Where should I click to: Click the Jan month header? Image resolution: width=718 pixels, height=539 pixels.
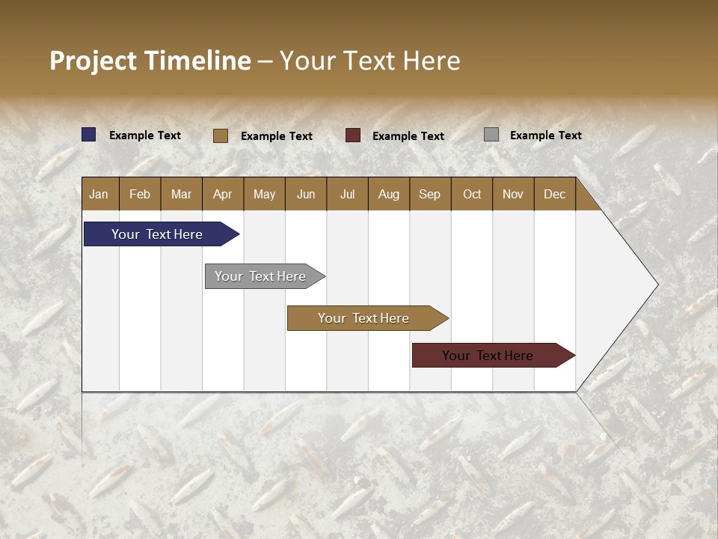pyautogui.click(x=99, y=194)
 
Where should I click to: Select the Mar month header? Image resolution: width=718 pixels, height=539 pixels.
pyautogui.click(x=181, y=194)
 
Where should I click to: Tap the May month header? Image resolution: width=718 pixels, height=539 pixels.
pyautogui.click(x=264, y=194)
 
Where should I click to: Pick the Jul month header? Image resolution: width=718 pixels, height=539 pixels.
pyautogui.click(x=347, y=194)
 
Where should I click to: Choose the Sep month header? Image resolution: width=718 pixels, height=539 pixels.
pyautogui.click(x=429, y=194)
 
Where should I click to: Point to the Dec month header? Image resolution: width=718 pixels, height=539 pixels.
pyautogui.click(x=554, y=194)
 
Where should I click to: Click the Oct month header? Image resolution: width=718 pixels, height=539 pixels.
pyautogui.click(x=472, y=194)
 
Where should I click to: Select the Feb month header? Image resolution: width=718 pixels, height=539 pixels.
pyautogui.click(x=140, y=194)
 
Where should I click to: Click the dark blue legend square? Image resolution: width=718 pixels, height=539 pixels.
pyautogui.click(x=89, y=135)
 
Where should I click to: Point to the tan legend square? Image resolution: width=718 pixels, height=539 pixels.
pyautogui.click(x=221, y=135)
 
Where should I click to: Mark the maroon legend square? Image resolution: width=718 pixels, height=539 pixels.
pyautogui.click(x=353, y=135)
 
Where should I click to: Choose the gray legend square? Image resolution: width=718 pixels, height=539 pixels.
pyautogui.click(x=491, y=135)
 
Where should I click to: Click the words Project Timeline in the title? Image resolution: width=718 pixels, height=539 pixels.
pyautogui.click(x=150, y=61)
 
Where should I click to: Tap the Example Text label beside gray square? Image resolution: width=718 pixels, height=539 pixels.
pyautogui.click(x=545, y=135)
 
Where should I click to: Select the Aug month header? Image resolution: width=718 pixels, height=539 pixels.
pyautogui.click(x=388, y=194)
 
